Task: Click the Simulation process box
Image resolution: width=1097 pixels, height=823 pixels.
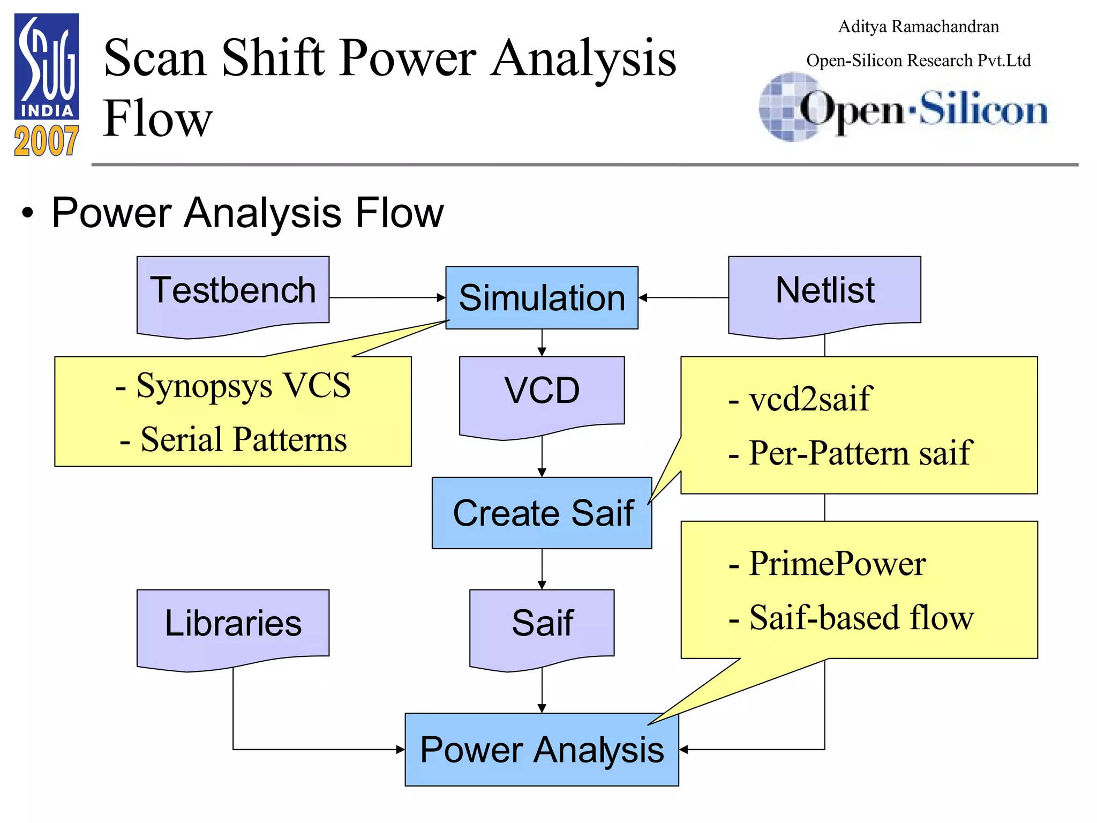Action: click(x=542, y=297)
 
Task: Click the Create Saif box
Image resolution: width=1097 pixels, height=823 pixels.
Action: click(x=542, y=513)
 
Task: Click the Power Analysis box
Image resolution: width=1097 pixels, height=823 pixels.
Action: click(x=542, y=749)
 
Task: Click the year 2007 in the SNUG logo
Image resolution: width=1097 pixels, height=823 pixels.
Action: click(x=46, y=141)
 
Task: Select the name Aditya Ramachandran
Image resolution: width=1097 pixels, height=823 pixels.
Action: click(x=918, y=27)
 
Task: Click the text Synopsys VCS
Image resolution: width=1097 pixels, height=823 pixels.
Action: click(x=233, y=385)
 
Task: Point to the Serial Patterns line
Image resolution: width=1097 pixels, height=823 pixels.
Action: click(x=233, y=439)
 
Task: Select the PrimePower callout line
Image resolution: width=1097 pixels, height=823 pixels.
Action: click(x=828, y=564)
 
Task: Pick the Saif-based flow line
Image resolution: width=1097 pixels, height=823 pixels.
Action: click(x=851, y=618)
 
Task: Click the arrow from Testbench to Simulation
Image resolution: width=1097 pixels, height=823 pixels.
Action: click(x=387, y=297)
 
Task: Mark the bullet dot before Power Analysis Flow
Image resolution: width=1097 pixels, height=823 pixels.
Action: click(x=27, y=213)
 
